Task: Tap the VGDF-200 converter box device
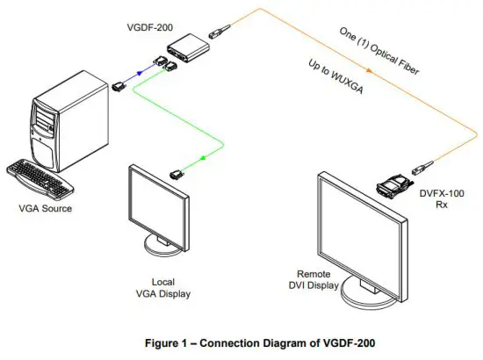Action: pyautogui.click(x=191, y=47)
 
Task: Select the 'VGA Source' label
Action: pyautogui.click(x=46, y=209)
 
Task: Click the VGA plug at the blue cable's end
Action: pyautogui.click(x=119, y=85)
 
